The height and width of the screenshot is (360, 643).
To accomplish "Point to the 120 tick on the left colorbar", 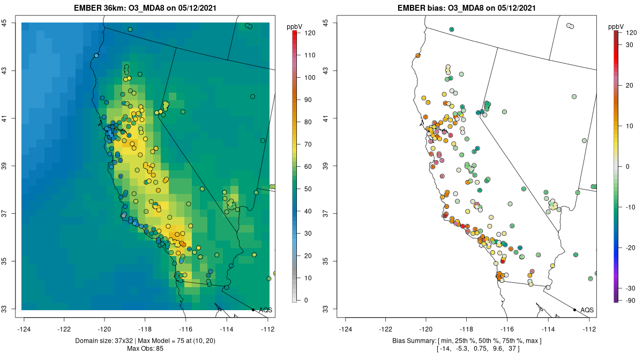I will pyautogui.click(x=310, y=33).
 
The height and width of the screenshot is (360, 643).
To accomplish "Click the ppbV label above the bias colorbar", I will pyautogui.click(x=616, y=26).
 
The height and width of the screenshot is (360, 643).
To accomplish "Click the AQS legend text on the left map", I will pyautogui.click(x=265, y=310).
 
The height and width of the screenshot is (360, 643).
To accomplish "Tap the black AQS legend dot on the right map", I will pyautogui.click(x=574, y=310).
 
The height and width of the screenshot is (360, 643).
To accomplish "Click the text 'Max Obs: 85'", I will pyautogui.click(x=145, y=349).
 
